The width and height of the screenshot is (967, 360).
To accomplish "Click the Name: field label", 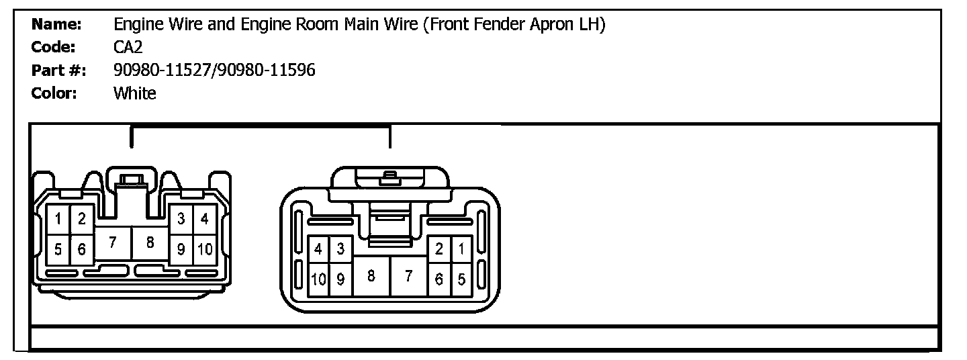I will click(56, 25).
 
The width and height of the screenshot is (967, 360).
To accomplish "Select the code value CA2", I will click(128, 48).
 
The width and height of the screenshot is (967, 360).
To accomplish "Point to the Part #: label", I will click(59, 70).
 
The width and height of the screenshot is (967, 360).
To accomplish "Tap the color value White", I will click(134, 93).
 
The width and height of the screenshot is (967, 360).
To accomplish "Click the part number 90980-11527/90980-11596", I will click(214, 70).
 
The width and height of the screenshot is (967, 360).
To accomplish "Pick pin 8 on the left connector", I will click(150, 244).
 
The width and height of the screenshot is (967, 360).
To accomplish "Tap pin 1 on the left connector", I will click(58, 218).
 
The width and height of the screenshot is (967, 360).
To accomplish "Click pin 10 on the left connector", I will click(205, 250).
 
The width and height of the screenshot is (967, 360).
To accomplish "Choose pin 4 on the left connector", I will click(205, 218).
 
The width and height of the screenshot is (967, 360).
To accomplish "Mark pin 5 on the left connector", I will click(58, 250).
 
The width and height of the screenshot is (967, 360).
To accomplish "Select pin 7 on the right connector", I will click(408, 276).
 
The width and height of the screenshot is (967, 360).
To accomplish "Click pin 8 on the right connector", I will click(371, 276).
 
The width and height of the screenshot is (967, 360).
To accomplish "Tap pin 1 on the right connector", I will click(461, 249).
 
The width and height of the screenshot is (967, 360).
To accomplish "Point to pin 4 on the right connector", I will click(318, 249).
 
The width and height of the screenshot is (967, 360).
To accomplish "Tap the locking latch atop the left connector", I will click(132, 179).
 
